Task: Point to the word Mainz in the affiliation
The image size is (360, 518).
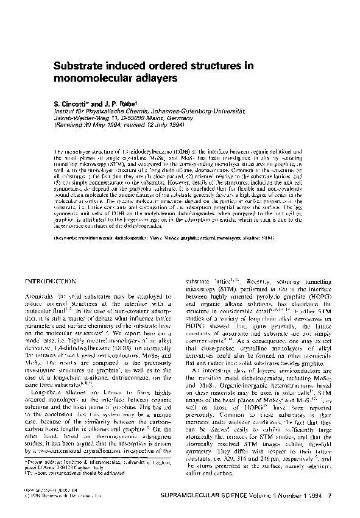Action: pos(137,120)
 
